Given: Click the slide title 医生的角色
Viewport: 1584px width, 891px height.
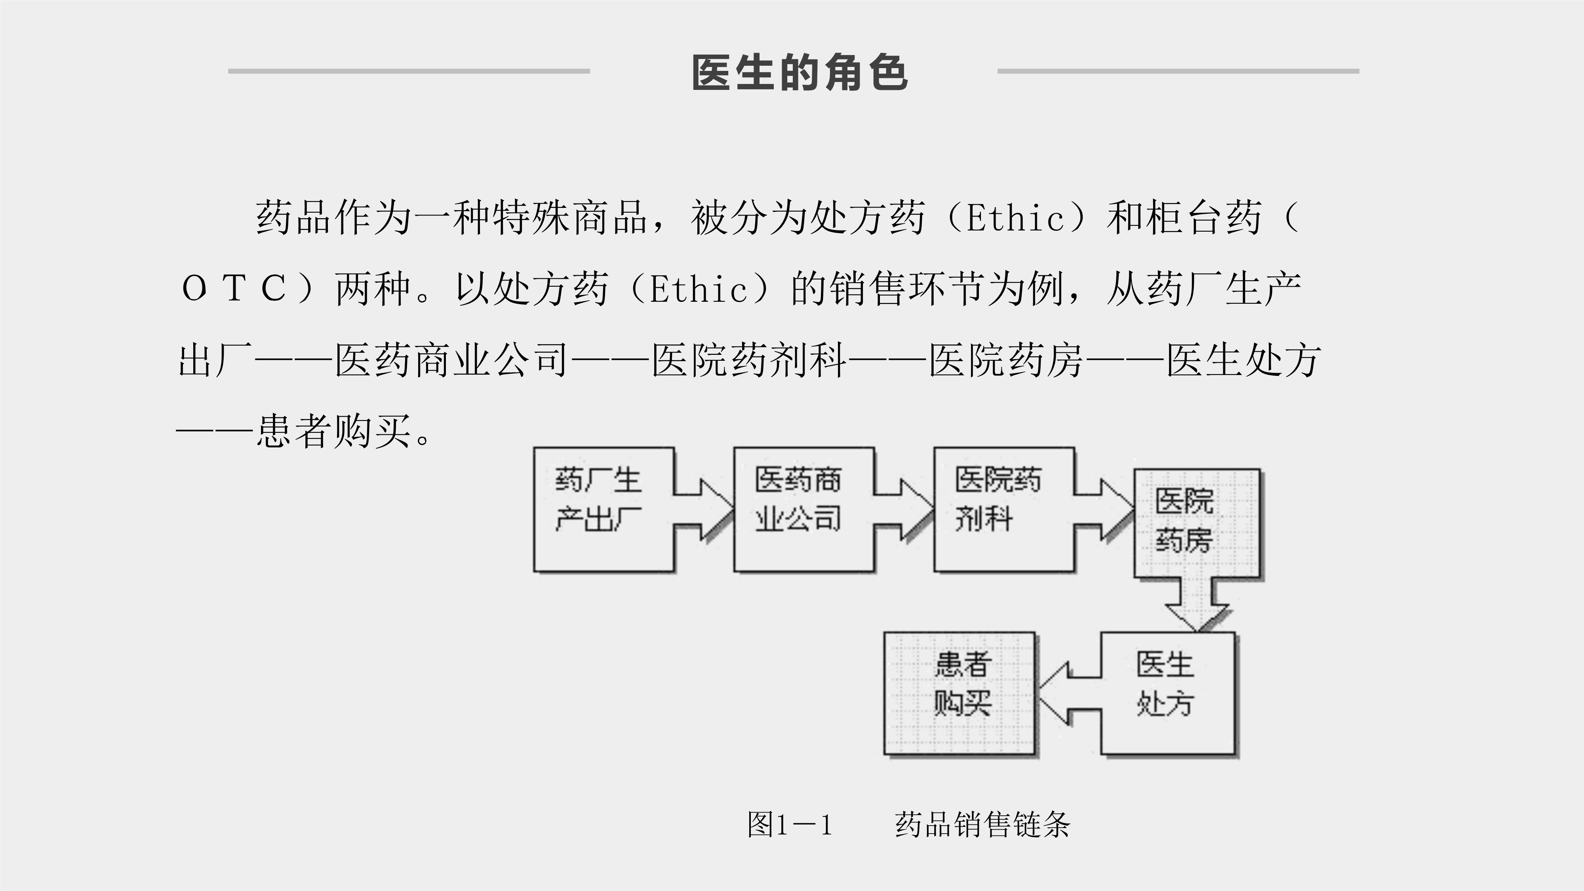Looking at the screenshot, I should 800,72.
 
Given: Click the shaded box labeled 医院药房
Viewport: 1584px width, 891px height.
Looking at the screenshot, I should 1196,523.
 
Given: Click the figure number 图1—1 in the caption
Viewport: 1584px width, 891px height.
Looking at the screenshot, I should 790,824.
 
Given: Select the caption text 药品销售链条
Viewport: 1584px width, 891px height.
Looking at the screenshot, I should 982,824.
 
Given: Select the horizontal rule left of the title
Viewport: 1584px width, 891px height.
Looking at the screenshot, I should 409,71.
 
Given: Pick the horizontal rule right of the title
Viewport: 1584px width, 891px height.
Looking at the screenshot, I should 1178,71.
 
